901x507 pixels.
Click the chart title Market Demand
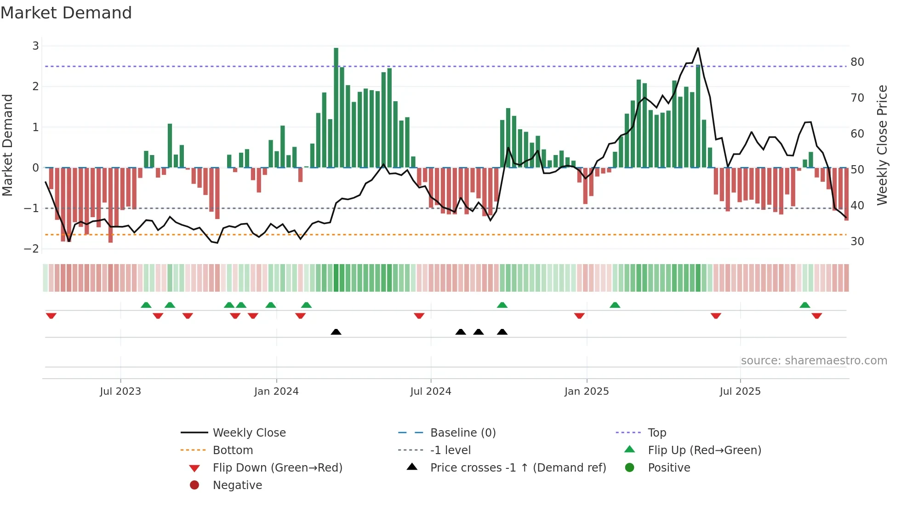pos(66,13)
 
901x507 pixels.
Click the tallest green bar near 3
pos(336,108)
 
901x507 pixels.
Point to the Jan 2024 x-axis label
pos(276,392)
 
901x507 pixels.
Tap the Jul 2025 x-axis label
pos(740,392)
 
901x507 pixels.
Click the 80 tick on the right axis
pos(857,62)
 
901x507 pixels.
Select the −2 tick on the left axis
pos(31,249)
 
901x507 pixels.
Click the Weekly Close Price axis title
pos(882,145)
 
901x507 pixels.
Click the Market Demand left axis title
pos(8,145)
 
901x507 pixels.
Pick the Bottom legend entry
pos(233,450)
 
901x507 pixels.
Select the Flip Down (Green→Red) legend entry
pos(277,468)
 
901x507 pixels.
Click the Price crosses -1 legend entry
pos(518,468)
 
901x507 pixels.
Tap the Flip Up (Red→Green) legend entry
pos(704,450)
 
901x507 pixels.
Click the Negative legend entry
pos(237,485)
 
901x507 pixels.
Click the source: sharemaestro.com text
pos(814,361)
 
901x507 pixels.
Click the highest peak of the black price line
pos(698,48)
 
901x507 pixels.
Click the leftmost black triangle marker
pos(336,332)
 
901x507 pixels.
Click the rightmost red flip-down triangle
pos(816,316)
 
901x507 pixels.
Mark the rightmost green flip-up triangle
pos(804,305)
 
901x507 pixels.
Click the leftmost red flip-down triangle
pos(51,316)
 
